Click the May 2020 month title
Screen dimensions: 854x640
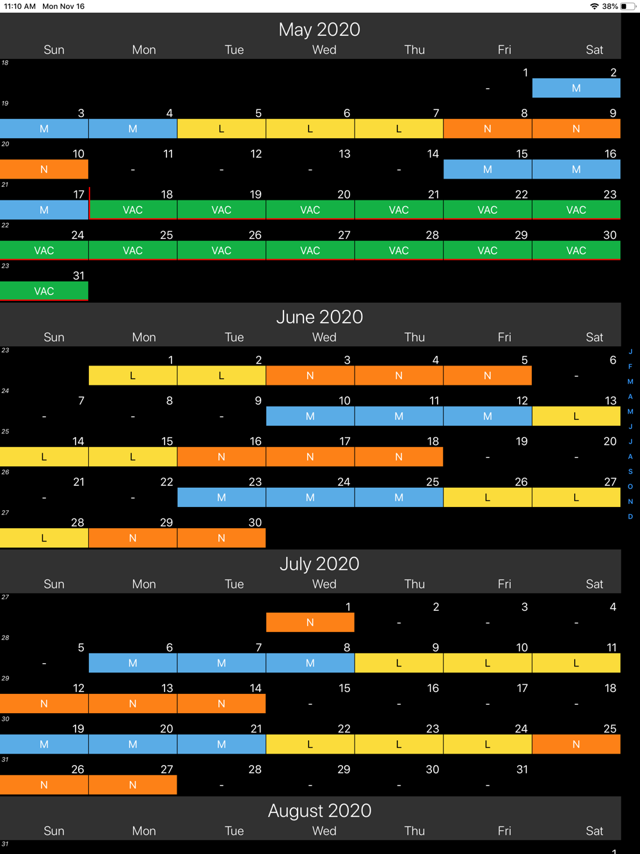tap(319, 29)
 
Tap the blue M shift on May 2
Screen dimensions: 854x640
tap(576, 88)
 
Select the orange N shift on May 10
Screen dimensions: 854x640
tap(44, 170)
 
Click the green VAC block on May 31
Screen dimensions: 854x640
tap(44, 291)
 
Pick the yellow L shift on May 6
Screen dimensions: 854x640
tap(310, 129)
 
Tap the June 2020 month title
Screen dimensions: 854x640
tap(319, 317)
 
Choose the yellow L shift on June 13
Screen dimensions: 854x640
tap(576, 417)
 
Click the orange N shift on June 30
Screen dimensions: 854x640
tap(221, 538)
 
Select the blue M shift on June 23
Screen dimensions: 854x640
tap(221, 497)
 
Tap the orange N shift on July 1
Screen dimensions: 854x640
tap(310, 622)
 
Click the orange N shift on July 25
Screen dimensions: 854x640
tap(576, 745)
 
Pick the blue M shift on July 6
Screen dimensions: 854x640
tap(132, 663)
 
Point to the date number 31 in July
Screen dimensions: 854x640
tap(522, 769)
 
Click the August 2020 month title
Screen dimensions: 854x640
tap(319, 810)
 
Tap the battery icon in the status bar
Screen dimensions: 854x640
tap(627, 6)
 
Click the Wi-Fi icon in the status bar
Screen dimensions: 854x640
tap(595, 6)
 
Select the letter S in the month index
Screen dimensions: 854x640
tap(630, 472)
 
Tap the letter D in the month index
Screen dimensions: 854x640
tap(630, 517)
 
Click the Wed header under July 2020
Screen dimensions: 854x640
tap(324, 584)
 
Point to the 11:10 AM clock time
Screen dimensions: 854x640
tap(20, 6)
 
